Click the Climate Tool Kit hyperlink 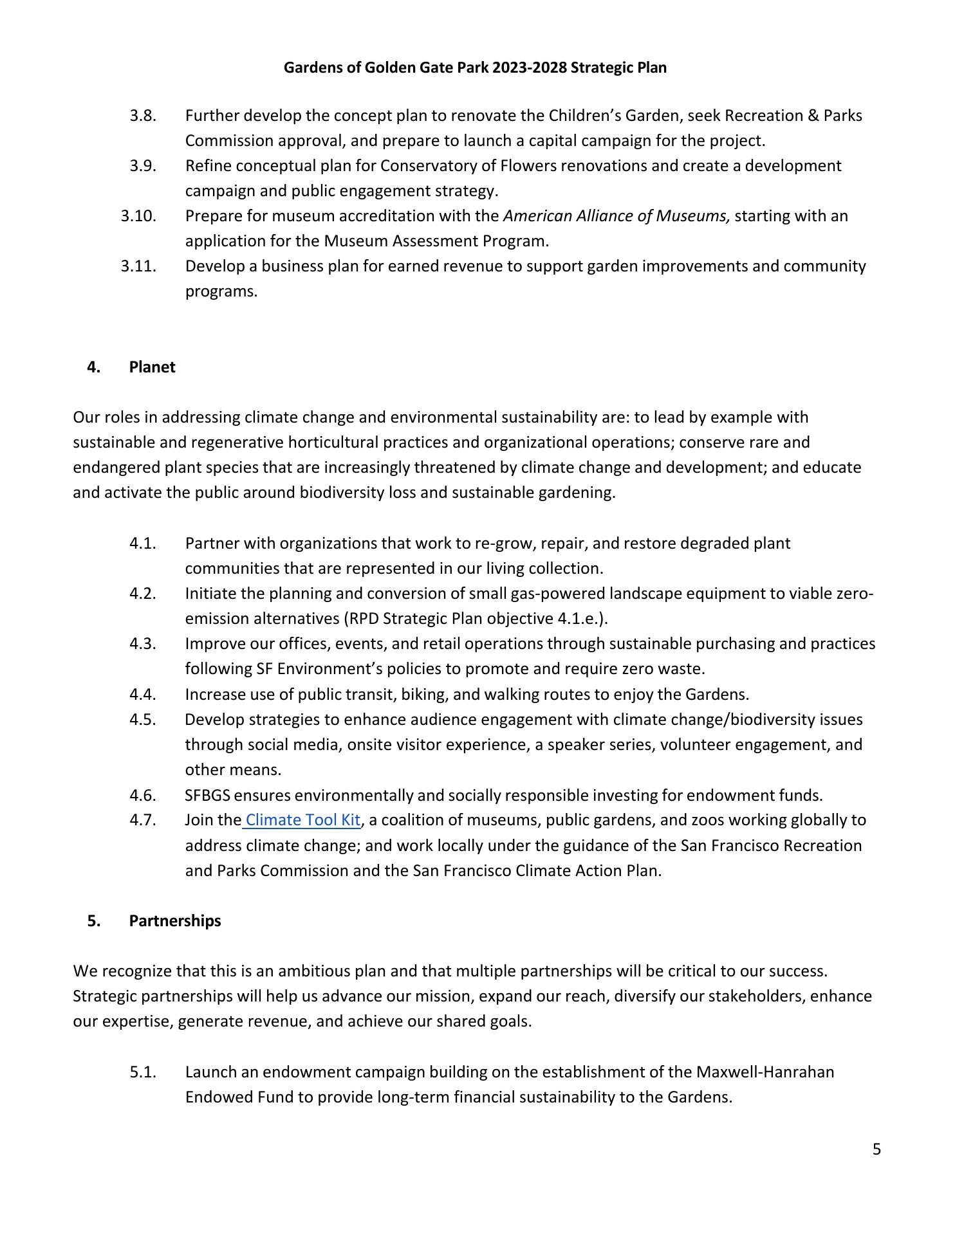click(302, 820)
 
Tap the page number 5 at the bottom click(876, 1149)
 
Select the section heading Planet click(152, 367)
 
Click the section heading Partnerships click(174, 920)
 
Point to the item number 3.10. click(138, 215)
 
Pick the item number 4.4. click(143, 694)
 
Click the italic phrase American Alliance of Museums click(616, 215)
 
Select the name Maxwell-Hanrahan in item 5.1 click(765, 1072)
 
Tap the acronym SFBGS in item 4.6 click(207, 795)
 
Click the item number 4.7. click(143, 820)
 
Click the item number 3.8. click(143, 116)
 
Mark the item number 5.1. click(143, 1072)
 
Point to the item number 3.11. click(138, 266)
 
